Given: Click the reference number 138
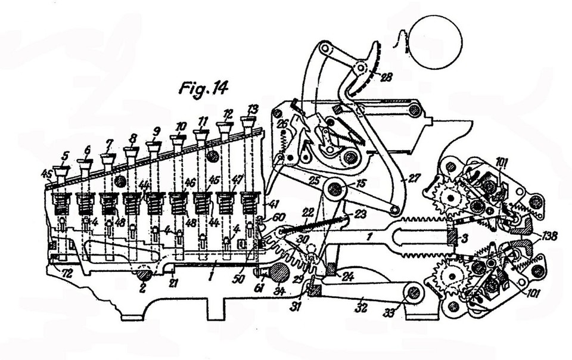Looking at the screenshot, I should click(x=550, y=236).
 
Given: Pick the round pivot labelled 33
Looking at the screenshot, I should click(x=410, y=291).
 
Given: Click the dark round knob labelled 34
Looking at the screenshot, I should click(x=277, y=273).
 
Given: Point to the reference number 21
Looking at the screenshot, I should click(x=173, y=283).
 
